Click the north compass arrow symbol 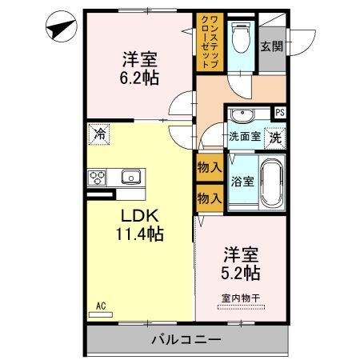[62, 26]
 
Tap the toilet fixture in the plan [241, 38]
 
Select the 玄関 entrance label [272, 46]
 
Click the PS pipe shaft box [280, 113]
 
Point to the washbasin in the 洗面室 [242, 114]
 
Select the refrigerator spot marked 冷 [99, 134]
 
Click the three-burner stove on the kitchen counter [97, 177]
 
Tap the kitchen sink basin [131, 177]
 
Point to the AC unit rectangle [101, 314]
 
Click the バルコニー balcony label [186, 340]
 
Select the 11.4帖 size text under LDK [139, 234]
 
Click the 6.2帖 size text [139, 78]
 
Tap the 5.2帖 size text [241, 273]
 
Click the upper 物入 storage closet [210, 167]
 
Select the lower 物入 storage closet [210, 198]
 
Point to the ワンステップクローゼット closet [210, 42]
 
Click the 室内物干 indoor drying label [241, 298]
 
